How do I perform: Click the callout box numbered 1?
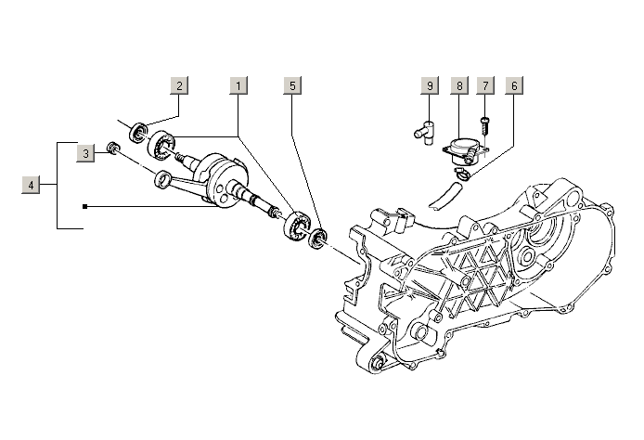click(x=238, y=85)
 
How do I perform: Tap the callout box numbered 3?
click(x=85, y=153)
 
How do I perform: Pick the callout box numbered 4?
click(x=32, y=186)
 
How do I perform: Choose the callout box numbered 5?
click(x=292, y=85)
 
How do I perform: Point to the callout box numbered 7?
click(x=484, y=85)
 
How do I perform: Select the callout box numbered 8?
click(x=458, y=85)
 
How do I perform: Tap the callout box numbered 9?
click(x=430, y=85)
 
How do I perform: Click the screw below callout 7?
click(x=483, y=122)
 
